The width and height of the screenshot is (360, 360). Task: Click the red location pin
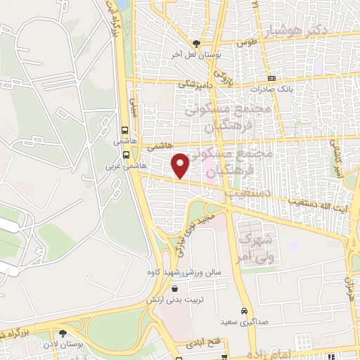coord(181,165)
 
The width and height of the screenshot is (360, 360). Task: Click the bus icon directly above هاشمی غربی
coord(125,155)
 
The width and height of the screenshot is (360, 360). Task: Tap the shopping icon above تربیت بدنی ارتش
coord(174,289)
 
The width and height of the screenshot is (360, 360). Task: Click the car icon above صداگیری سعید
coord(244,310)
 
